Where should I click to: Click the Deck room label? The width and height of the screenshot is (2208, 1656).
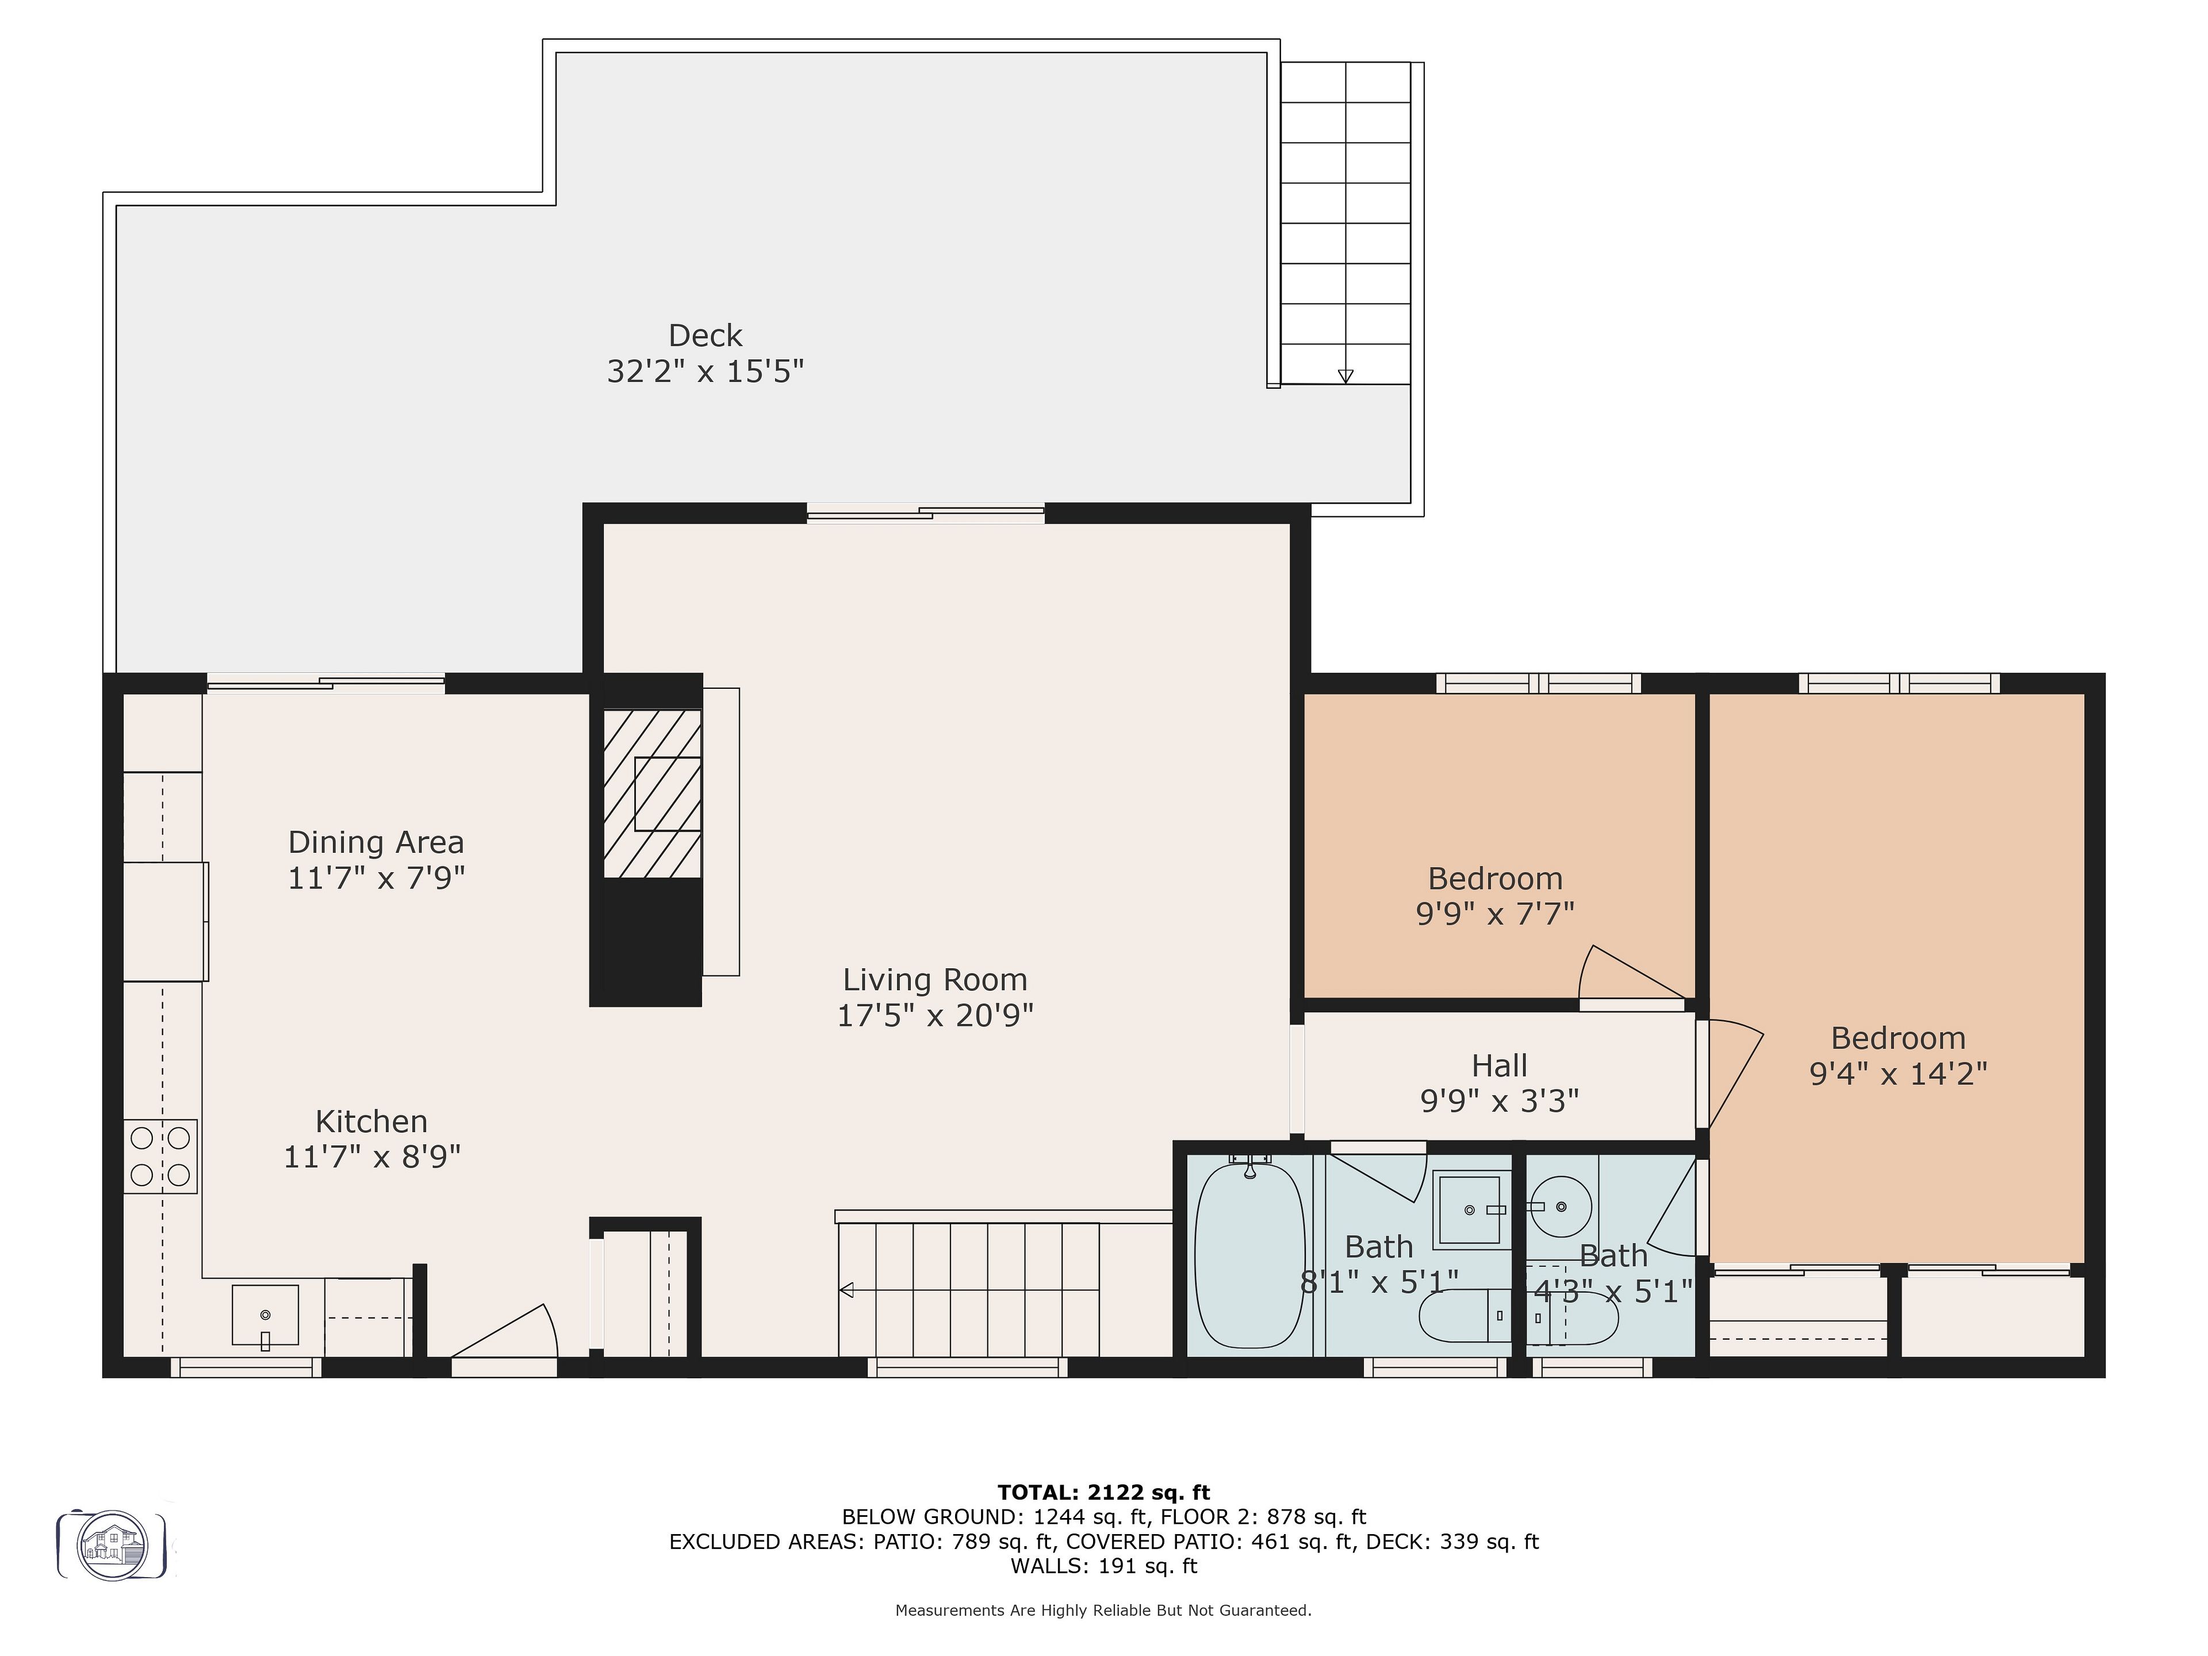pos(705,335)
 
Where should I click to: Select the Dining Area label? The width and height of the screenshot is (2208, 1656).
pos(376,842)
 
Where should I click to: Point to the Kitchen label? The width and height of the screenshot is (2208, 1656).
pos(371,1121)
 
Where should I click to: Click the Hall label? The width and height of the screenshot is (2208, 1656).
pos(1499,1065)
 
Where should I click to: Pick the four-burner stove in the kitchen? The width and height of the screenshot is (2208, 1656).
pos(160,1156)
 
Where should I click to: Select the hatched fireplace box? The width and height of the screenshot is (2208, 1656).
pos(652,793)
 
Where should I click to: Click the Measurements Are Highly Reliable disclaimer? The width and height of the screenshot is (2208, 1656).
pos(1103,1610)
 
